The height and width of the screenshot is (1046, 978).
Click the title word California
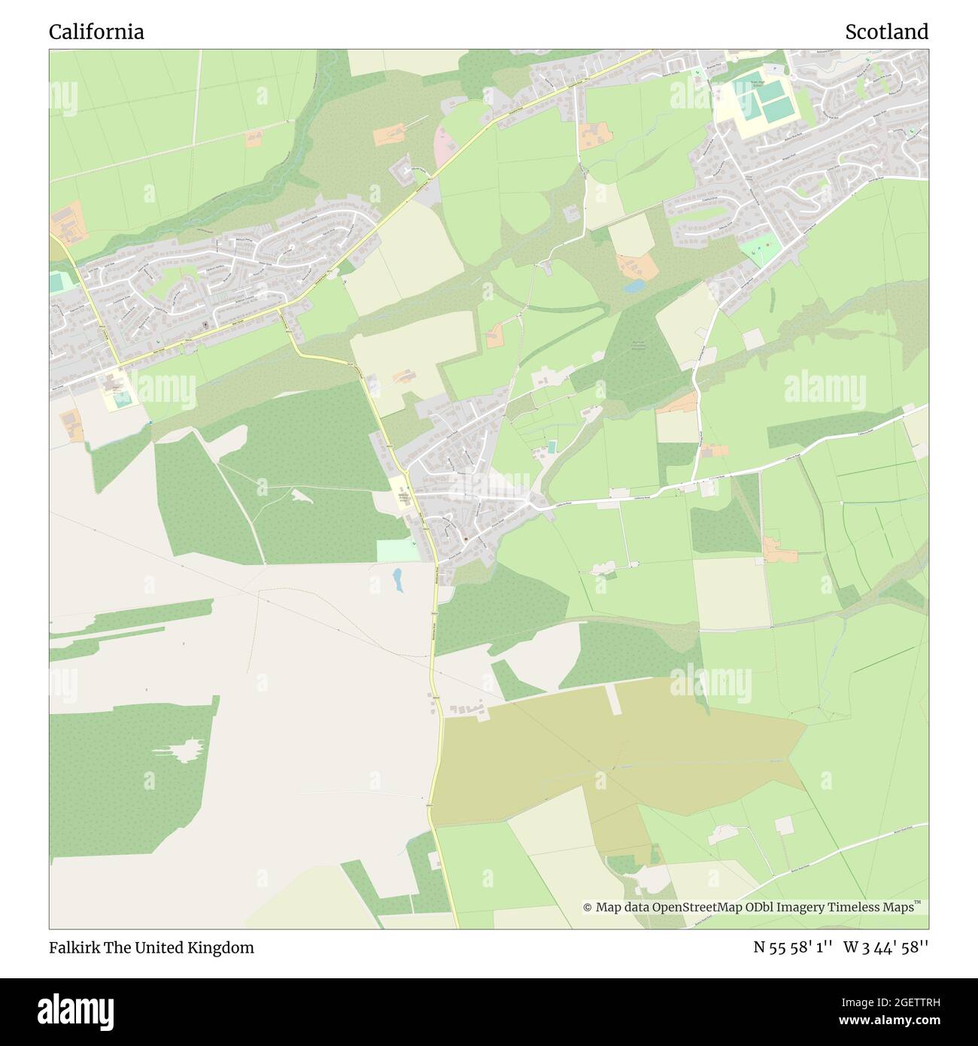click(96, 32)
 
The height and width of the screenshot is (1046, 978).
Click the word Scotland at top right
click(886, 32)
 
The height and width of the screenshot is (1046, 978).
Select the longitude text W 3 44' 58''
click(886, 947)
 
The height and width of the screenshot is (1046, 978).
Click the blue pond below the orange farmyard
click(634, 287)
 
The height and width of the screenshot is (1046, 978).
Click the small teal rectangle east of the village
click(553, 448)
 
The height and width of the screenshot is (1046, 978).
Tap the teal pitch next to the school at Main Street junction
click(124, 397)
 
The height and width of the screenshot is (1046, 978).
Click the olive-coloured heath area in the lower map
click(602, 760)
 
